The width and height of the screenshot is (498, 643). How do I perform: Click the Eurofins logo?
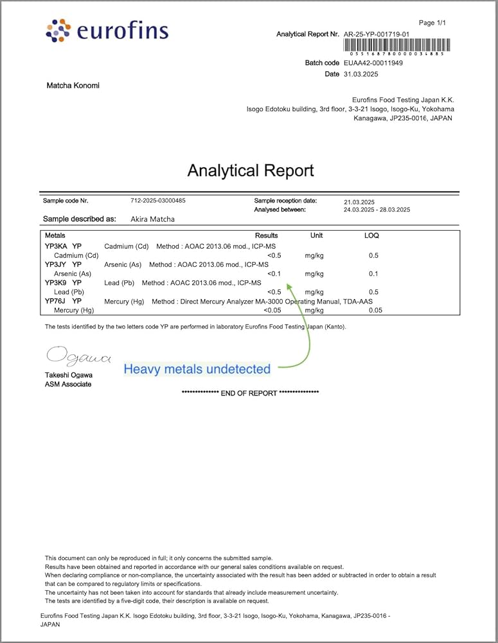click(x=107, y=31)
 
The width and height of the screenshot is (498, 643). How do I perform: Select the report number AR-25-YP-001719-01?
click(x=376, y=33)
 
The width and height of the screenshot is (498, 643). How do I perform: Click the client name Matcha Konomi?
click(x=73, y=86)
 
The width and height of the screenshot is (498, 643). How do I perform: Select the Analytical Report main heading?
click(x=251, y=170)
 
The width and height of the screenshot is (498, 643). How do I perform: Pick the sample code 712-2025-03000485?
click(x=158, y=201)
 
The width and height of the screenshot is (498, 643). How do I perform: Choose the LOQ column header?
click(x=371, y=236)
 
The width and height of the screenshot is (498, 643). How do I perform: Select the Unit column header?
click(x=316, y=236)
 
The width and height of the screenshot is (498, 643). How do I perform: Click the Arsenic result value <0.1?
click(x=274, y=274)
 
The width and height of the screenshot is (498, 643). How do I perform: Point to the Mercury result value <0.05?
click(x=272, y=311)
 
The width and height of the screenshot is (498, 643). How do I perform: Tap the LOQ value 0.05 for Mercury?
click(x=375, y=311)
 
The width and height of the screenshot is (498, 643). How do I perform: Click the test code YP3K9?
click(x=56, y=283)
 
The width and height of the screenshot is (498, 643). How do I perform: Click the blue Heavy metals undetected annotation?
click(x=197, y=369)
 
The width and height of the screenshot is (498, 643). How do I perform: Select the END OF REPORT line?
click(x=251, y=393)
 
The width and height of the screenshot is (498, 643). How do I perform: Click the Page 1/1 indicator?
click(x=432, y=23)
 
